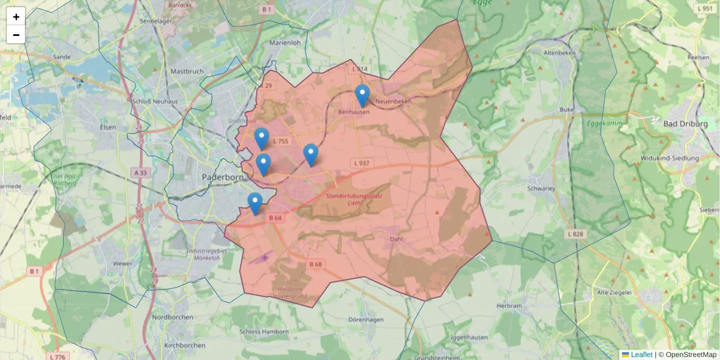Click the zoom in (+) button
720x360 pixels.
click(x=16, y=16)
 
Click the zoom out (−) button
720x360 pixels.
click(x=16, y=35)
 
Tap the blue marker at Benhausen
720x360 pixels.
click(x=362, y=95)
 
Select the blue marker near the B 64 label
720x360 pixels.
click(x=255, y=203)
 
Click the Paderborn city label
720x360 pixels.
click(x=223, y=178)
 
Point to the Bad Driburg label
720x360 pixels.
click(x=685, y=124)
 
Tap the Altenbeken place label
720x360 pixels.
click(x=559, y=53)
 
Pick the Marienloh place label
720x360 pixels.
click(x=285, y=43)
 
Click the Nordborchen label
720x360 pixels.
click(x=172, y=317)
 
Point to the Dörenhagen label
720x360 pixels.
click(x=365, y=320)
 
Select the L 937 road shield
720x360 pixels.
click(x=362, y=163)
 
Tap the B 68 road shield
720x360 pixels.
click(x=316, y=264)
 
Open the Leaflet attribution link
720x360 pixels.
click(x=641, y=355)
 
